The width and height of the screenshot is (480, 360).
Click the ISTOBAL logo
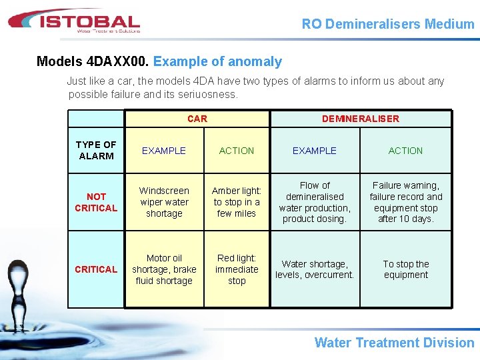[73, 21]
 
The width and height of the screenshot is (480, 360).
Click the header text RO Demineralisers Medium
[388, 24]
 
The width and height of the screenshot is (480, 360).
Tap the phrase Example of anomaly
[217, 62]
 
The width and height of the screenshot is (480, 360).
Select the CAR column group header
[197, 119]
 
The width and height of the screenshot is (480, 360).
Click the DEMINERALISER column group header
[361, 119]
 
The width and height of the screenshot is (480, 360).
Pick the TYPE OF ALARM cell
[96, 150]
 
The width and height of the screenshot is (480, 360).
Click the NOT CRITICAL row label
[96, 202]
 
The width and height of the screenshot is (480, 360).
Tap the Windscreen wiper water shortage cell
[164, 202]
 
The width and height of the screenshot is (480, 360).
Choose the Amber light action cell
[237, 202]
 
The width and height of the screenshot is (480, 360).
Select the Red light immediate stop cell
[237, 269]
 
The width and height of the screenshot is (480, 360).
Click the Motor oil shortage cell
[164, 269]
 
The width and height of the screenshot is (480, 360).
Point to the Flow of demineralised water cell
[315, 202]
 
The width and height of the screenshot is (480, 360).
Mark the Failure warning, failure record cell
[406, 202]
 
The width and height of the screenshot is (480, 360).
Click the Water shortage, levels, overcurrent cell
[315, 269]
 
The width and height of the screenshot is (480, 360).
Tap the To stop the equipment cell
[406, 269]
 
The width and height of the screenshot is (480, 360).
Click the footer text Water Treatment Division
[394, 343]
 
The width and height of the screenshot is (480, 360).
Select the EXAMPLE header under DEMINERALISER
[315, 151]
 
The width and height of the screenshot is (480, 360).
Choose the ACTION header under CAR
[237, 151]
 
